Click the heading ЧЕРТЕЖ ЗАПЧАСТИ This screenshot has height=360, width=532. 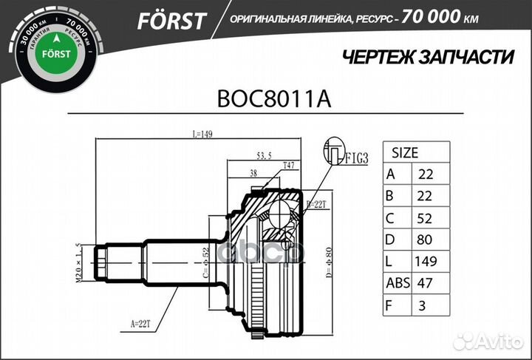(x=429, y=58)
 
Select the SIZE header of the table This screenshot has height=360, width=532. (x=404, y=154)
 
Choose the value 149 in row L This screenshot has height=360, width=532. (x=426, y=261)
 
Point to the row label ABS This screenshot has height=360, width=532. (x=398, y=282)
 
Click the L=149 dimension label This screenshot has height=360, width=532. (x=202, y=135)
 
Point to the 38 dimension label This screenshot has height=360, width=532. (x=253, y=174)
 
